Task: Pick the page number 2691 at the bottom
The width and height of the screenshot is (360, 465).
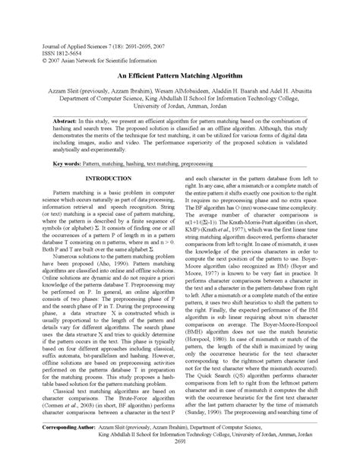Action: (x=180, y=448)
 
